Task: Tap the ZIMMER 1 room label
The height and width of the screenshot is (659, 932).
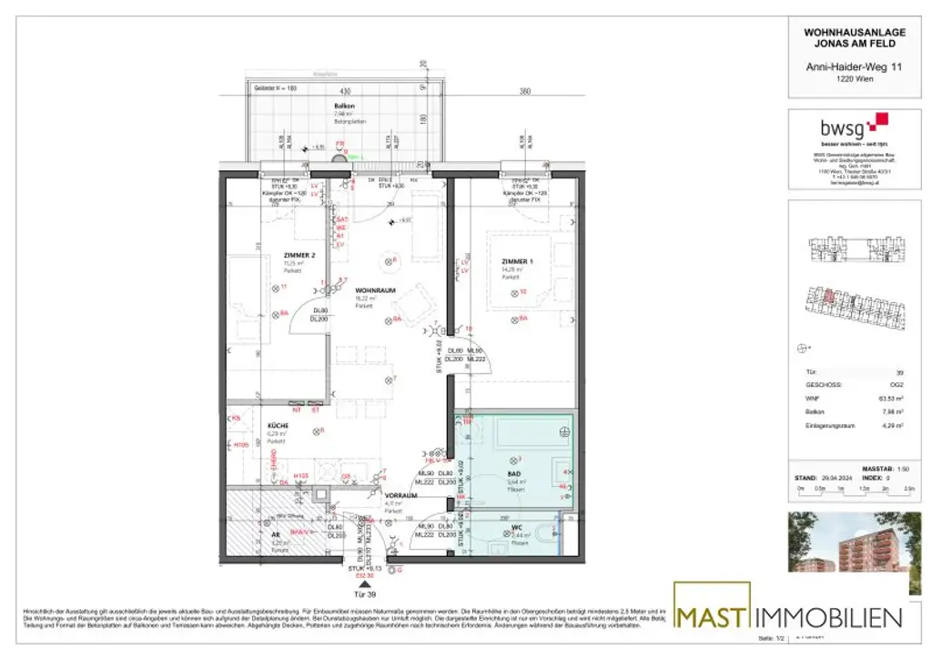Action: (x=515, y=262)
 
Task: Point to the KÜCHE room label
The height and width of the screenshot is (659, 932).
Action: (x=278, y=425)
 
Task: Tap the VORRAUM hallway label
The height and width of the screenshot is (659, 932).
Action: (x=400, y=496)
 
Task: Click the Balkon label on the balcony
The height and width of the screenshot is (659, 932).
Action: (x=344, y=106)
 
